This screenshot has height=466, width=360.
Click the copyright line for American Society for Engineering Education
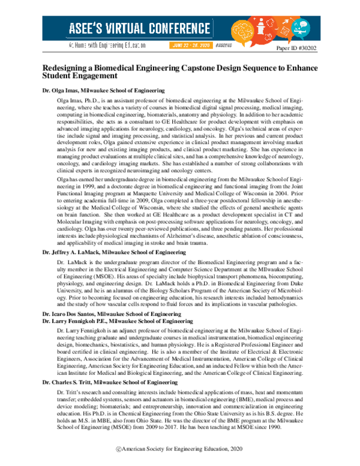coord(179,449)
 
